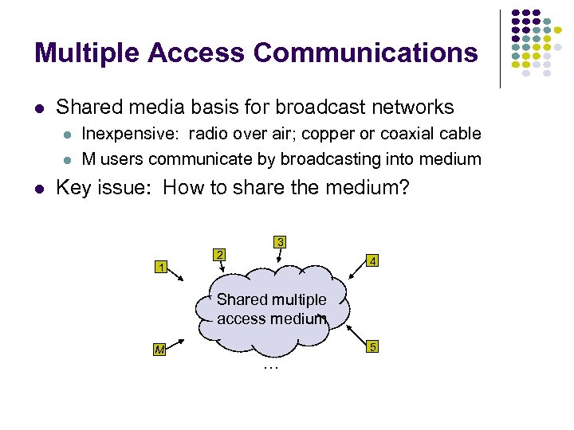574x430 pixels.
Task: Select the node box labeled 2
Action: pyautogui.click(x=220, y=255)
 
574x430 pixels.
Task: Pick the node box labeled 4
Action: pyautogui.click(x=372, y=260)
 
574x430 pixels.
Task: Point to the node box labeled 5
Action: pyautogui.click(x=372, y=347)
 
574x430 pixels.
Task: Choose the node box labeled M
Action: pyautogui.click(x=160, y=351)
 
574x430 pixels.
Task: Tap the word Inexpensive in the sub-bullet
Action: pyautogui.click(x=124, y=133)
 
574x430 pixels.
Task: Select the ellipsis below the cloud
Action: pyautogui.click(x=272, y=368)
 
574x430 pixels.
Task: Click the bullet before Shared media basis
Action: pyautogui.click(x=38, y=107)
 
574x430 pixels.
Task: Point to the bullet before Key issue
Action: pyautogui.click(x=38, y=189)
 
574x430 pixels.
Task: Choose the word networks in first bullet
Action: pyautogui.click(x=413, y=107)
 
